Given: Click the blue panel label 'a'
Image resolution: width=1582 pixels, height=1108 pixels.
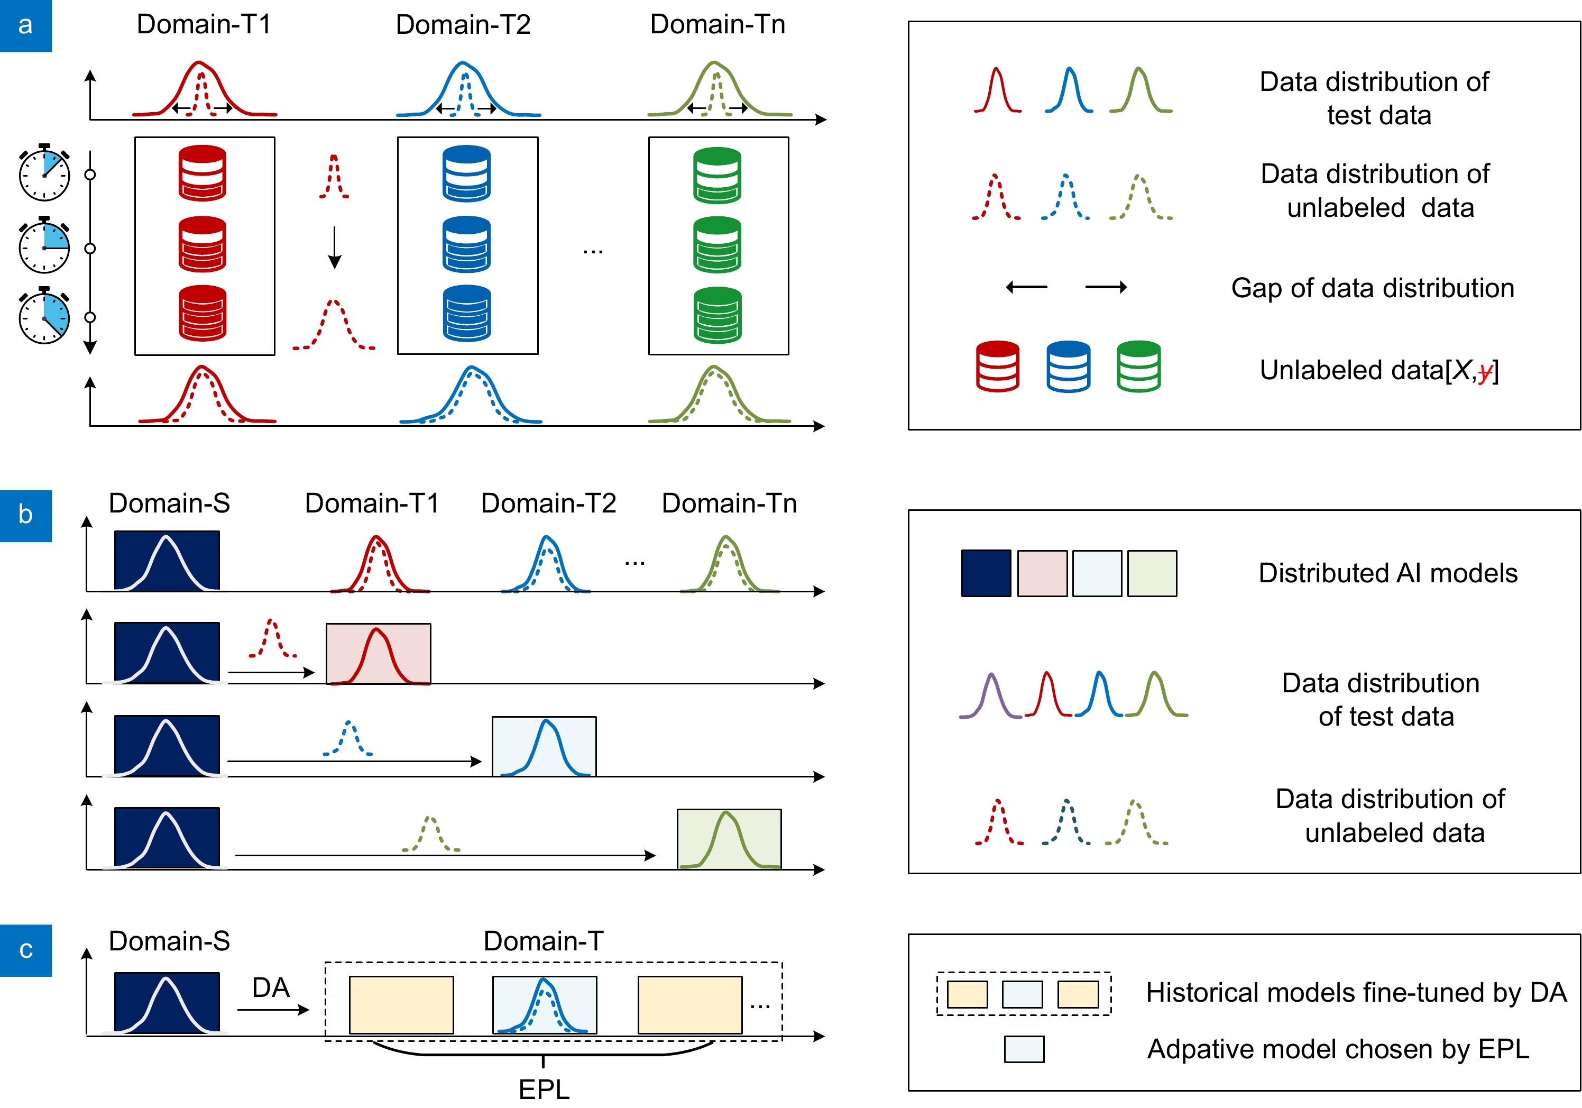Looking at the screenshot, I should [x=25, y=25].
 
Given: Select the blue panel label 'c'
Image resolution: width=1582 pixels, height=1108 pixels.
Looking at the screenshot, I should [x=25, y=950].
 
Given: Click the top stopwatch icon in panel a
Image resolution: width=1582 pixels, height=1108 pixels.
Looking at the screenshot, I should [x=44, y=173].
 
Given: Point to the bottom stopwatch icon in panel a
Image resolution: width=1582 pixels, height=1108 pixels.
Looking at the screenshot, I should [x=44, y=316].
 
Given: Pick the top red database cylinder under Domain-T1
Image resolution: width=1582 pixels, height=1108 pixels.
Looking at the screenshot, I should [x=202, y=172].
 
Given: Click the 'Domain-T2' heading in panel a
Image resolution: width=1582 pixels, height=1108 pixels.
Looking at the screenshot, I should [x=463, y=25].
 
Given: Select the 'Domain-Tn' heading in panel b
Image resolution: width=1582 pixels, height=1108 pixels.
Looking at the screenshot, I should [x=729, y=503].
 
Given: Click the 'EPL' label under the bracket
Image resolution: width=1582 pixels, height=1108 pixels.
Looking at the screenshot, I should [x=544, y=1089].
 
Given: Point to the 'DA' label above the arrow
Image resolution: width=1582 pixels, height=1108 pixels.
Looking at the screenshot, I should [x=271, y=988].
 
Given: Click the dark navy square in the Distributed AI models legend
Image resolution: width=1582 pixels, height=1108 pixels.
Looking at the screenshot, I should [x=986, y=573].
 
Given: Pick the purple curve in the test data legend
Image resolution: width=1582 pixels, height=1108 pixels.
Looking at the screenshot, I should [x=991, y=696].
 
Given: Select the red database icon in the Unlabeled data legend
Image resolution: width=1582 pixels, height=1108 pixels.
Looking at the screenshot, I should [x=997, y=366].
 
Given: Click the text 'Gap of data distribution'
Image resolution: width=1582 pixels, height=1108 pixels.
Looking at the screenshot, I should [x=1373, y=288].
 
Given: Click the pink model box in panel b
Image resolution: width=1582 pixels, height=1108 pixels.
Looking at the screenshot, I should [x=378, y=653].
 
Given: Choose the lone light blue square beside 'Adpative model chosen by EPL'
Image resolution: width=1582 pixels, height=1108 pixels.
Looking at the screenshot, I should [x=1024, y=1049].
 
